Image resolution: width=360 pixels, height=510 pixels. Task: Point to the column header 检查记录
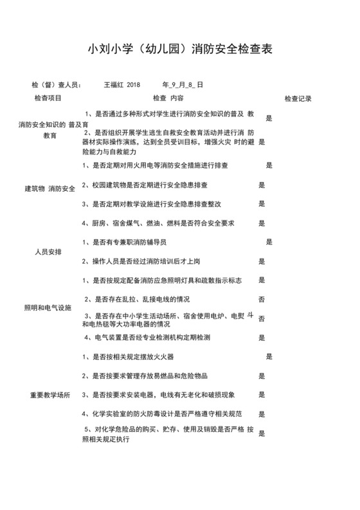point(298,99)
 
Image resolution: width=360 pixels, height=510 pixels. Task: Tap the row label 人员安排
point(48,251)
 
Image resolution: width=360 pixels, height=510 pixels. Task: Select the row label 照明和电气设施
point(48,308)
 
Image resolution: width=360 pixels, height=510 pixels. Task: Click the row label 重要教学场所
point(50,394)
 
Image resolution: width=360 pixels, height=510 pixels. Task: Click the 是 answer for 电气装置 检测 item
point(262,337)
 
